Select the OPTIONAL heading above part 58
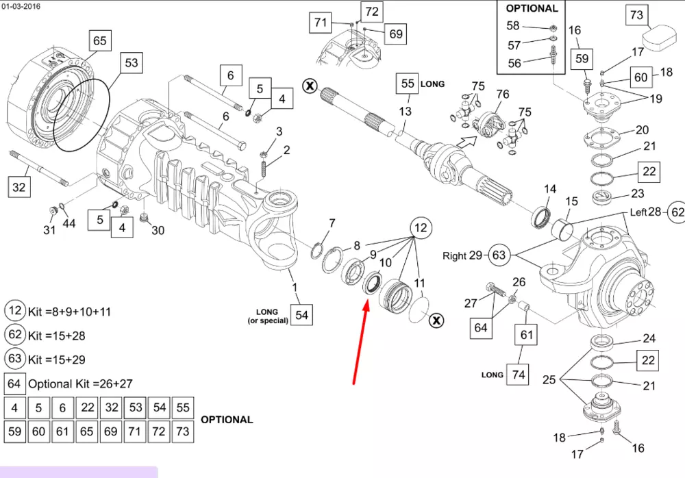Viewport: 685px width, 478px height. [532, 9]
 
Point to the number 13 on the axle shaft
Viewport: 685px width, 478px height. [406, 111]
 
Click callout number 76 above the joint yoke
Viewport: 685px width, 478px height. [502, 95]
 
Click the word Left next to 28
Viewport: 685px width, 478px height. [638, 212]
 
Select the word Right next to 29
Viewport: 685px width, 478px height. [455, 256]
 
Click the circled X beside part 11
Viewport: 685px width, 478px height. [436, 320]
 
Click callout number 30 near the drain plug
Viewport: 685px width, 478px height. [158, 230]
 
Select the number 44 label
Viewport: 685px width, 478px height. [70, 224]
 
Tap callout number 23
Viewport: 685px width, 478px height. [638, 194]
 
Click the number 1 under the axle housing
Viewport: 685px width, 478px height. [295, 288]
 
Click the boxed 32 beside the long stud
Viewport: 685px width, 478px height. [20, 186]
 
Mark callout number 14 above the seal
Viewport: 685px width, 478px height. [550, 189]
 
